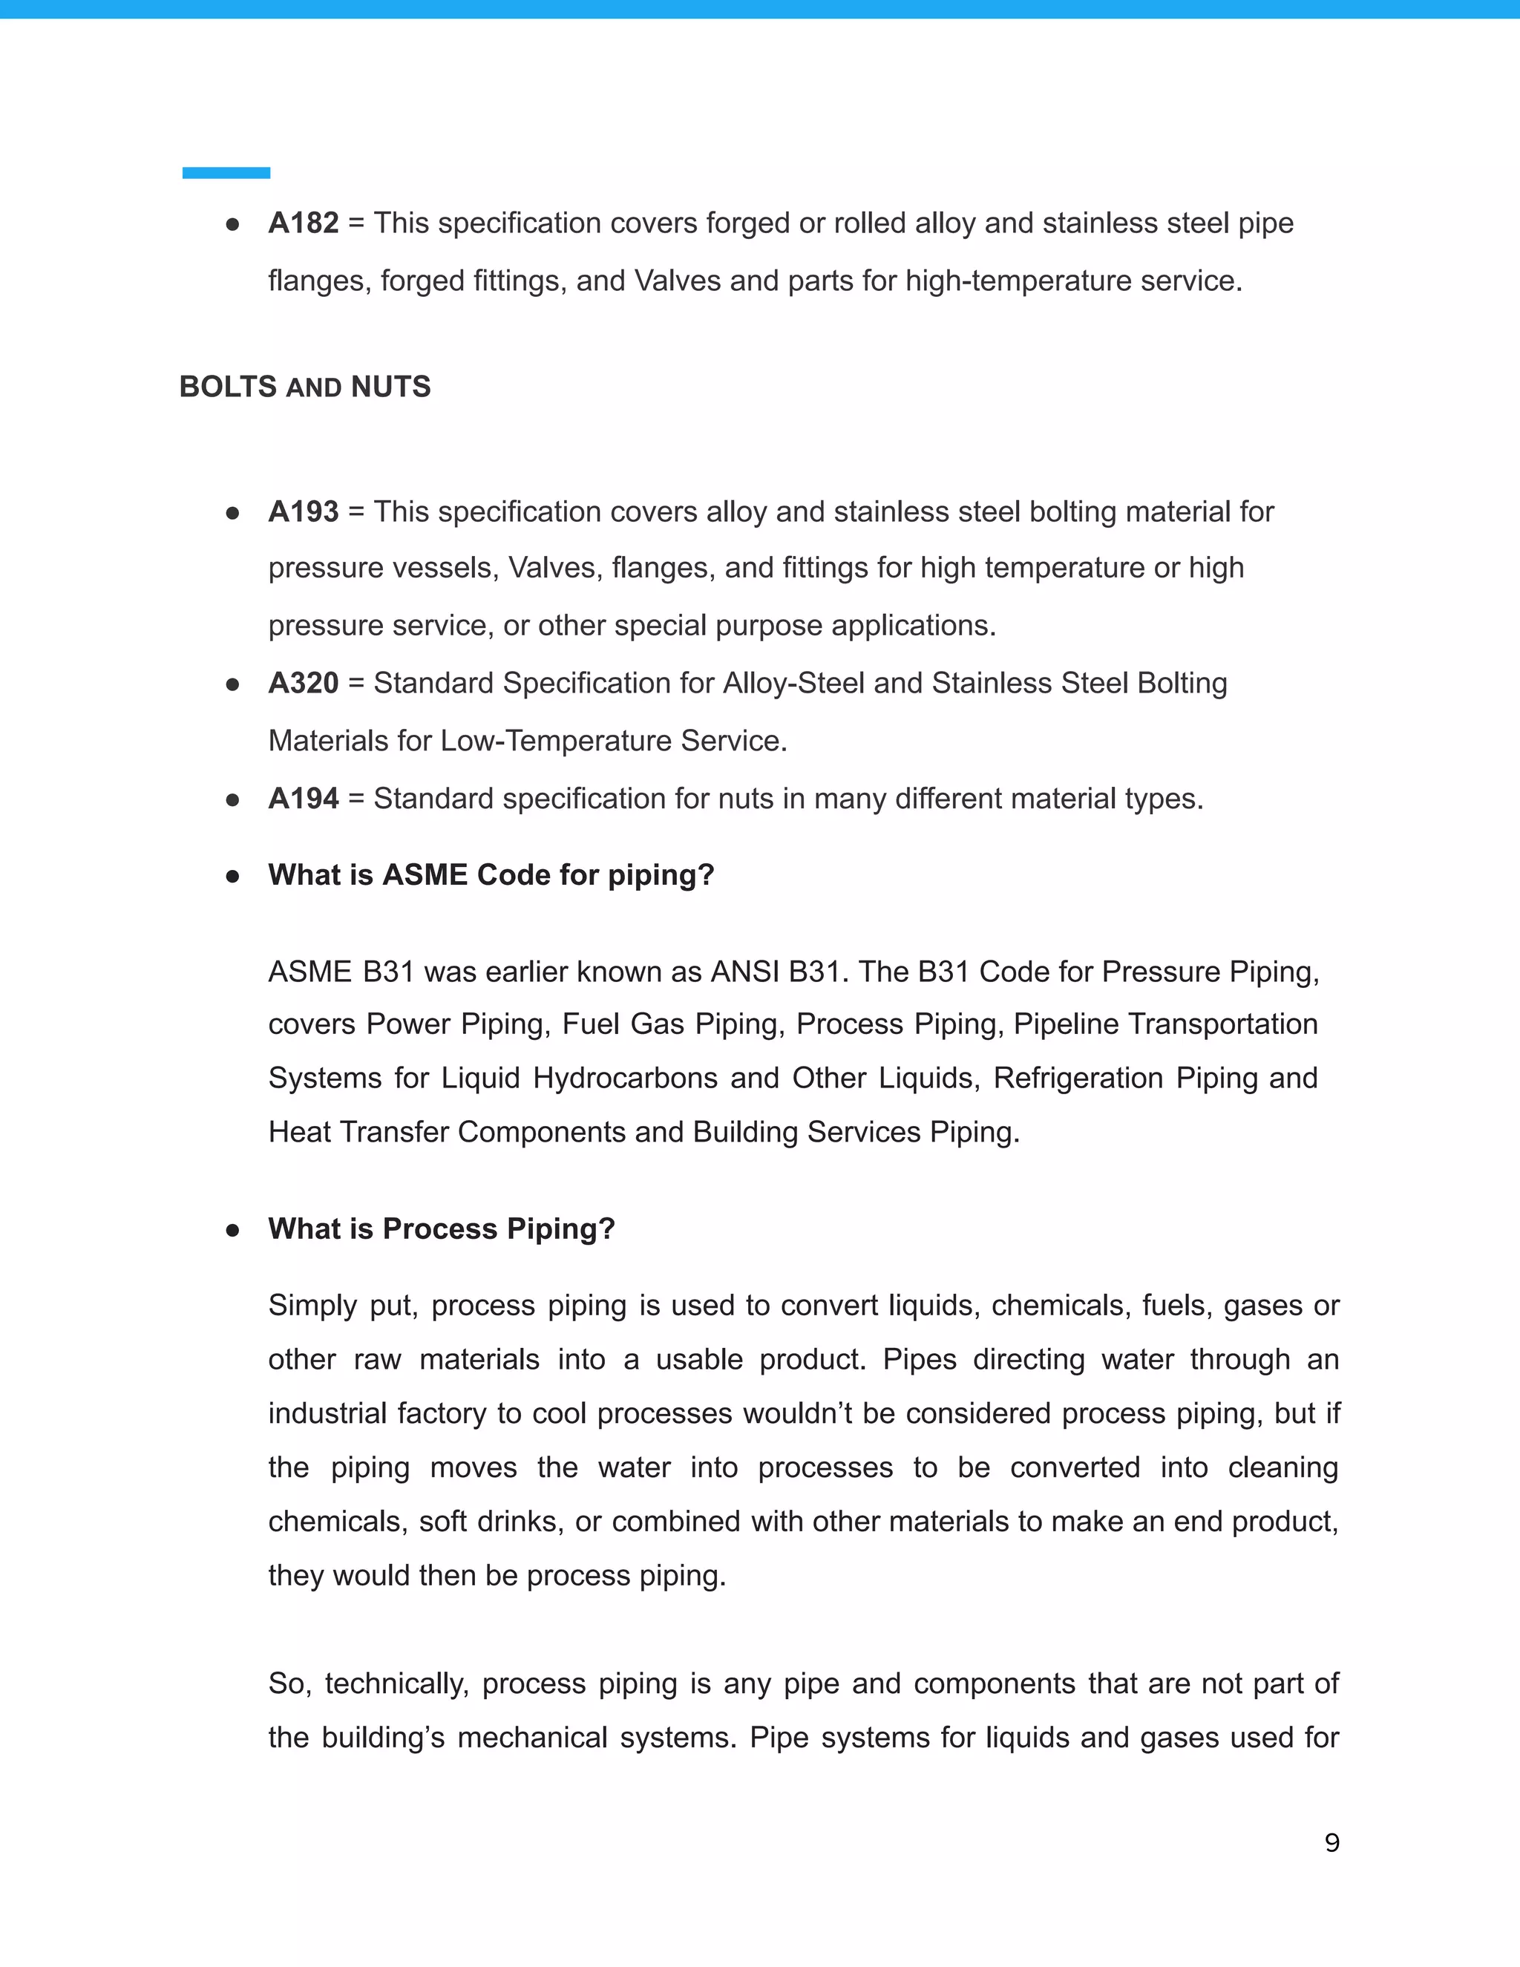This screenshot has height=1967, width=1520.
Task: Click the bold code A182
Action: tap(303, 223)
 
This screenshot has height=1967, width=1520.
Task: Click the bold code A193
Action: tap(303, 511)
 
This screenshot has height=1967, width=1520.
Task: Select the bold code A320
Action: tap(303, 683)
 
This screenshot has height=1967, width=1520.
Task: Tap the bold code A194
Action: tap(303, 798)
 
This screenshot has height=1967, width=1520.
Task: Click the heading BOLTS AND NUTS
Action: tap(304, 387)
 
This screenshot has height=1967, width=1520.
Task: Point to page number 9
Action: tap(1331, 1843)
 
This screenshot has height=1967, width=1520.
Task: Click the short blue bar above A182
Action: tap(226, 173)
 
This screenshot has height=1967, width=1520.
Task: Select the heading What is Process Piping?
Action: tap(442, 1228)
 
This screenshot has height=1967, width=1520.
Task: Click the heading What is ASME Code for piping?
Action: tap(491, 874)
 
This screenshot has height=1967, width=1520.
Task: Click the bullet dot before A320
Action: tap(232, 684)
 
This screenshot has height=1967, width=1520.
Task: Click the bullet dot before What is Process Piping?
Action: tap(232, 1230)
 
